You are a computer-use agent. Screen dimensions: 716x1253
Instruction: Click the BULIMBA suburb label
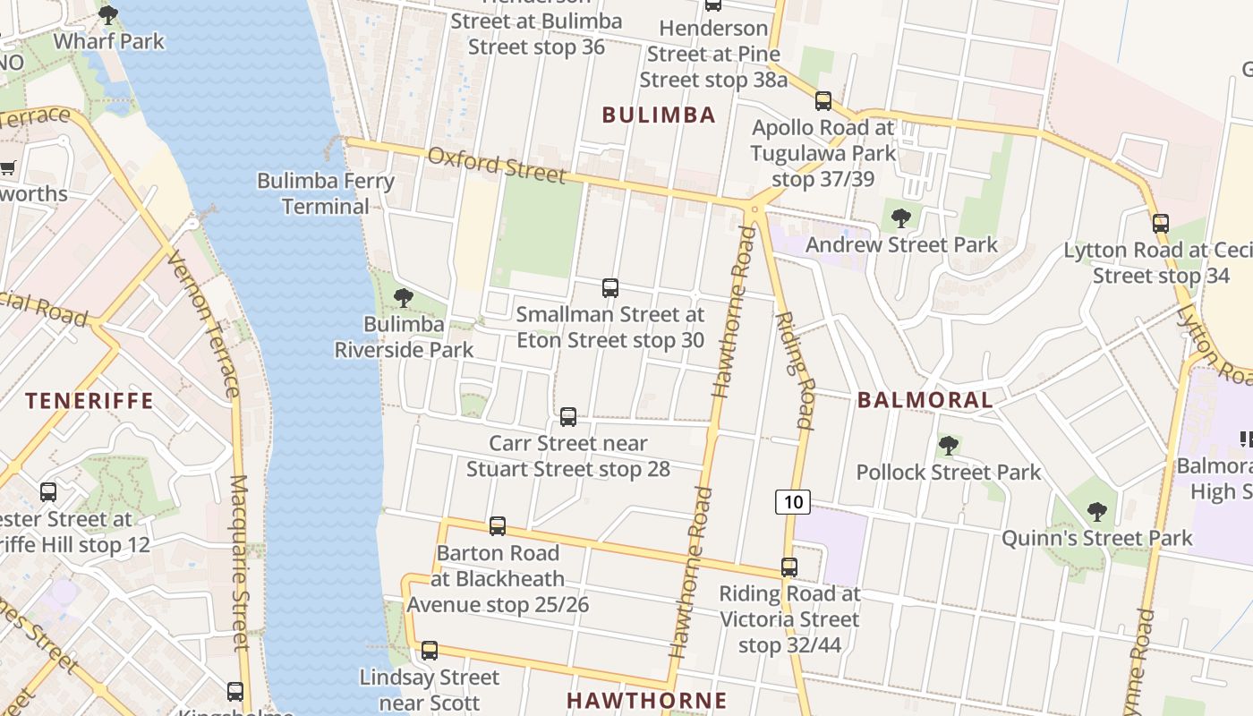pos(659,115)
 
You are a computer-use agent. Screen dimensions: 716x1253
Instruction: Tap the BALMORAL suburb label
pos(925,400)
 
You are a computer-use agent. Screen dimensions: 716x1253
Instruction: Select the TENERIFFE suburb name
pos(89,400)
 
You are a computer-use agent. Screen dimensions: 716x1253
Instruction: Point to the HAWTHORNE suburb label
pos(647,700)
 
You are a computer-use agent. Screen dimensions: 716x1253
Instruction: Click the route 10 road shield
pos(793,502)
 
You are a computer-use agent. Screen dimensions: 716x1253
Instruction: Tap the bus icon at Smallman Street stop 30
pos(610,287)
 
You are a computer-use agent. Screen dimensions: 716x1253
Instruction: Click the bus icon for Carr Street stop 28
pos(568,416)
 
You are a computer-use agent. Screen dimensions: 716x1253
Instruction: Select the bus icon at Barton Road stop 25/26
pos(498,526)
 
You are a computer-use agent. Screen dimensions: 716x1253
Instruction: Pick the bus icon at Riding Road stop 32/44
pos(788,567)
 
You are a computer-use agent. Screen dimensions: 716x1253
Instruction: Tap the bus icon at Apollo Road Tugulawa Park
pos(823,101)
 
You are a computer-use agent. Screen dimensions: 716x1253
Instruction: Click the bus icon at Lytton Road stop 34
pos(1161,224)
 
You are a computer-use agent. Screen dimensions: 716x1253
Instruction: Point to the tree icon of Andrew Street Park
pos(901,217)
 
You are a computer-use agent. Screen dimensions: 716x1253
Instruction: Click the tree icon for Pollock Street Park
pos(949,445)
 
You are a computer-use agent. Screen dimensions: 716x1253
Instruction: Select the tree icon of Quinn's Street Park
pos(1097,512)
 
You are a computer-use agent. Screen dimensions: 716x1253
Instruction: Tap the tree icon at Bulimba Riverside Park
pos(404,297)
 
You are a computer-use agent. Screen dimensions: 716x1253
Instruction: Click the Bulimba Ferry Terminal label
pos(326,193)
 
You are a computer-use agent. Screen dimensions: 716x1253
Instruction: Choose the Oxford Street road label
pos(497,165)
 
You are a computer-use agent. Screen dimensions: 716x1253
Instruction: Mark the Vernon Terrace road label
pos(203,324)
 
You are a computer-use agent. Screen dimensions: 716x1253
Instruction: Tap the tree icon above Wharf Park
pos(108,14)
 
